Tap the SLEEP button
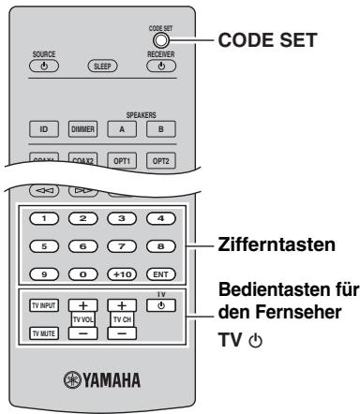tap(104, 67)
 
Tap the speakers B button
tap(161, 129)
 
